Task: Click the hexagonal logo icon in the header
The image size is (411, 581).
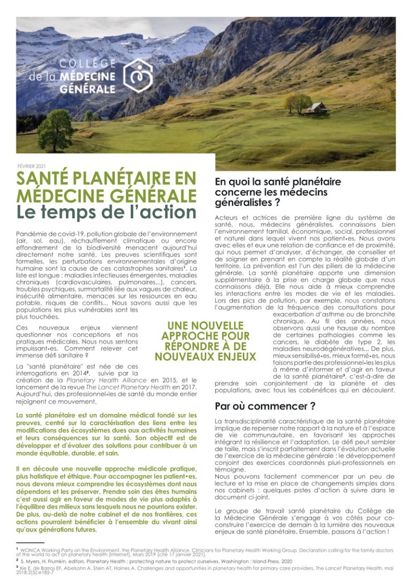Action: (x=138, y=75)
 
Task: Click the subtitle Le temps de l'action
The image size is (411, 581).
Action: (x=106, y=212)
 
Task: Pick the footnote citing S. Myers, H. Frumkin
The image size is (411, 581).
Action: (x=161, y=562)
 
